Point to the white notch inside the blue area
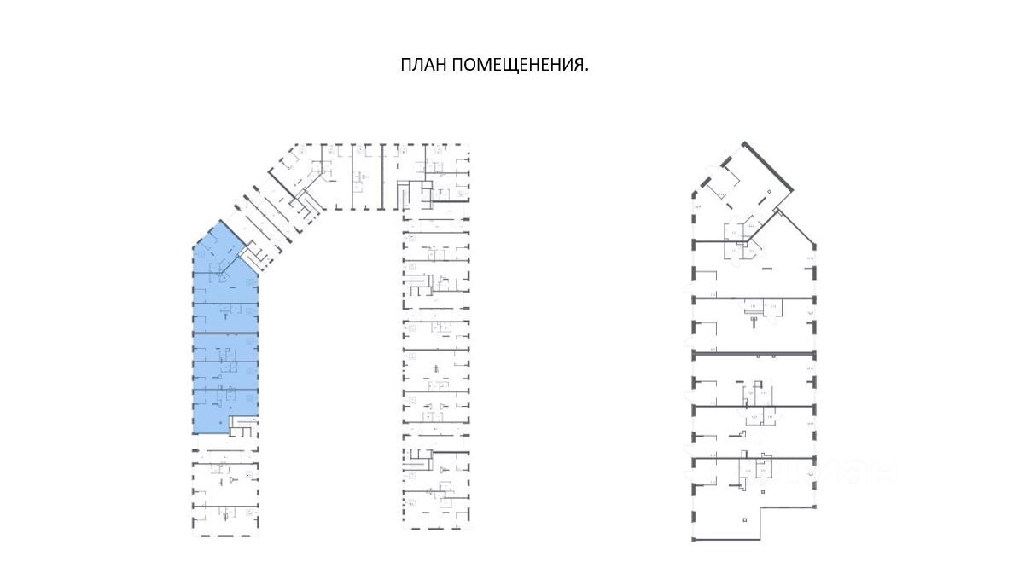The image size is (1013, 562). [x=244, y=423]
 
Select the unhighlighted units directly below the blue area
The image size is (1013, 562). [x=224, y=486]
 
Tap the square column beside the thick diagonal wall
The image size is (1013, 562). [x=767, y=193]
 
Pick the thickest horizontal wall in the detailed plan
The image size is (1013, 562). [x=751, y=352]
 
